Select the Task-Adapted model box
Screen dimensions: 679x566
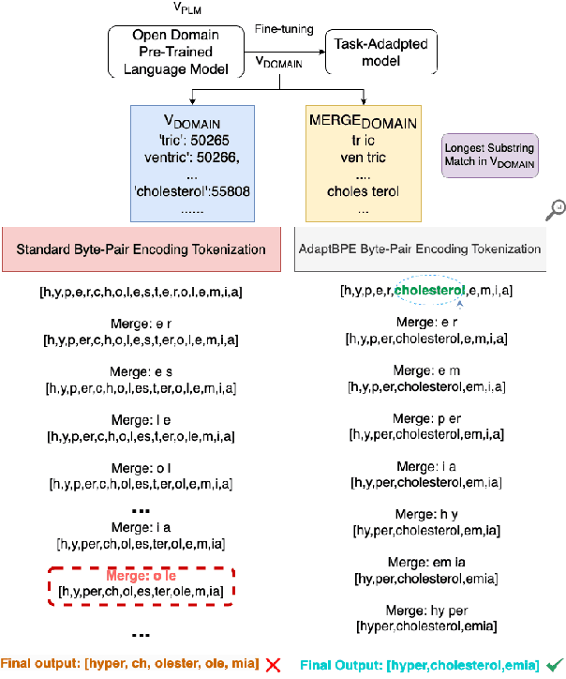click(x=373, y=52)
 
